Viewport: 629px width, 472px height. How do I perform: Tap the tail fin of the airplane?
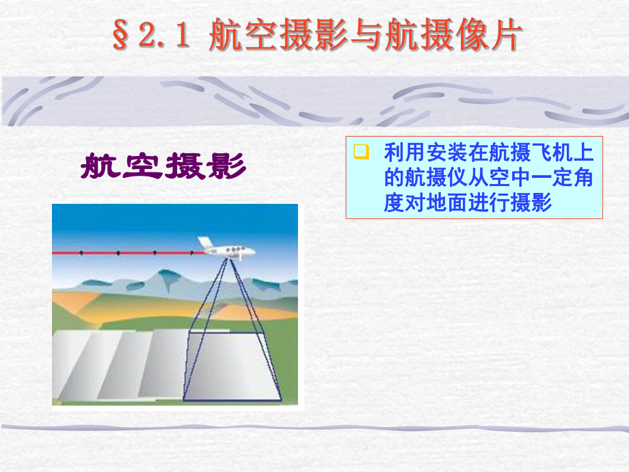(x=203, y=241)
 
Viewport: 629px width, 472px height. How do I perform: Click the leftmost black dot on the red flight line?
(x=81, y=253)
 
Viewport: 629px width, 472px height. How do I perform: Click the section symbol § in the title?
(x=121, y=38)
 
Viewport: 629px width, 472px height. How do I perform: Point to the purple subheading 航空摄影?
(x=163, y=166)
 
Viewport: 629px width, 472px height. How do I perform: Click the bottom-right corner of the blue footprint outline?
(x=280, y=399)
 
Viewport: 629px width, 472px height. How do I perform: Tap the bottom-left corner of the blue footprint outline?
(x=184, y=399)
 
